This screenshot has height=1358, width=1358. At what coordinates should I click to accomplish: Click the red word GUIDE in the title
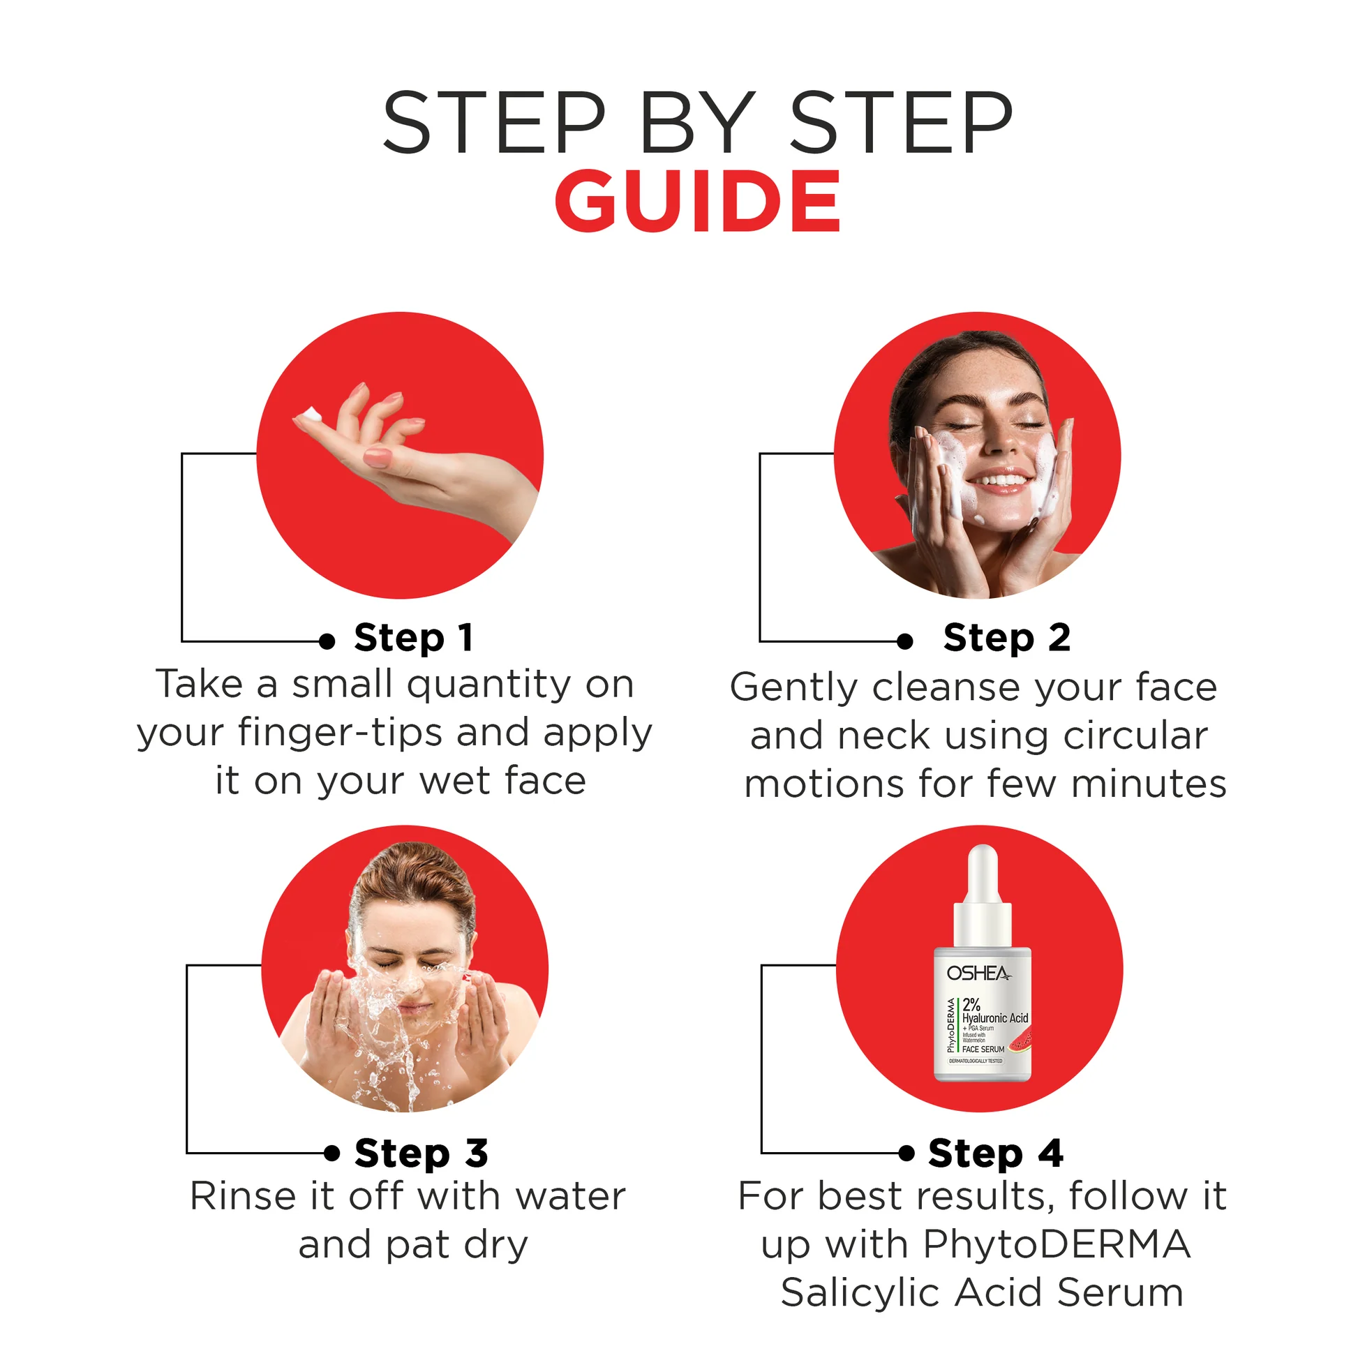[697, 201]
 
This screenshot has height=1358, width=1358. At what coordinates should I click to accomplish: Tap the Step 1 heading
[413, 639]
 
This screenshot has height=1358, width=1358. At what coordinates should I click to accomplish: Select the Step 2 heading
[1006, 639]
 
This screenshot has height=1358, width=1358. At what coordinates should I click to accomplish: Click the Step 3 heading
[421, 1154]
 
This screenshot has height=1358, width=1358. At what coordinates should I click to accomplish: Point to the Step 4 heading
[995, 1154]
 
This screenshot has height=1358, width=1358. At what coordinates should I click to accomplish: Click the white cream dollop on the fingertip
[310, 415]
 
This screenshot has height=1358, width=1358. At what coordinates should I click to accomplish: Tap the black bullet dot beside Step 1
[327, 641]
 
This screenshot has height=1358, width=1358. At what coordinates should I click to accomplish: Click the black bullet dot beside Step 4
[906, 1153]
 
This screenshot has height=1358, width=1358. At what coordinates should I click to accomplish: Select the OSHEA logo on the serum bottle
[978, 973]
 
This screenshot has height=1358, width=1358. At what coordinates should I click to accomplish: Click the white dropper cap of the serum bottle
[982, 879]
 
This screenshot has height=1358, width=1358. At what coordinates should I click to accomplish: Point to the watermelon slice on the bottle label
[1022, 1040]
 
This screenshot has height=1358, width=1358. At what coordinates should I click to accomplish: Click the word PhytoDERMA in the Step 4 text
[1057, 1244]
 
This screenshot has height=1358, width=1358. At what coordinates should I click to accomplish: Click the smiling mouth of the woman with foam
[999, 482]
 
